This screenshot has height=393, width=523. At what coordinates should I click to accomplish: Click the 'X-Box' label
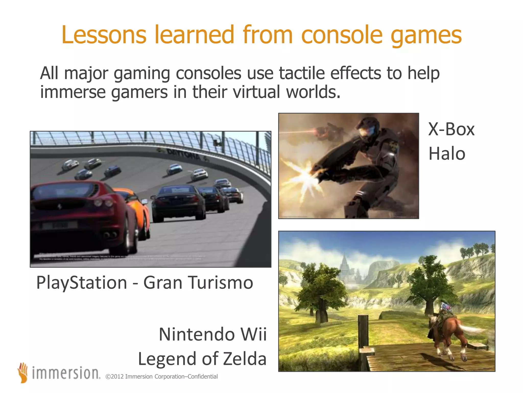pos(451,129)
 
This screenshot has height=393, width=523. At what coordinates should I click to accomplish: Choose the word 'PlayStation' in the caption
pos(82,283)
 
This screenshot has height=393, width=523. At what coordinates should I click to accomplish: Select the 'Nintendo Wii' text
pos(213,334)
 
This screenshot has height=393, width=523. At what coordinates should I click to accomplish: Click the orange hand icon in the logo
pos(23,373)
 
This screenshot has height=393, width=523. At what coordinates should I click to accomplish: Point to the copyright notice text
pos(162,377)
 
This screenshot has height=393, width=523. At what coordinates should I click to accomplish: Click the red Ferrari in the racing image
pos(82,215)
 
